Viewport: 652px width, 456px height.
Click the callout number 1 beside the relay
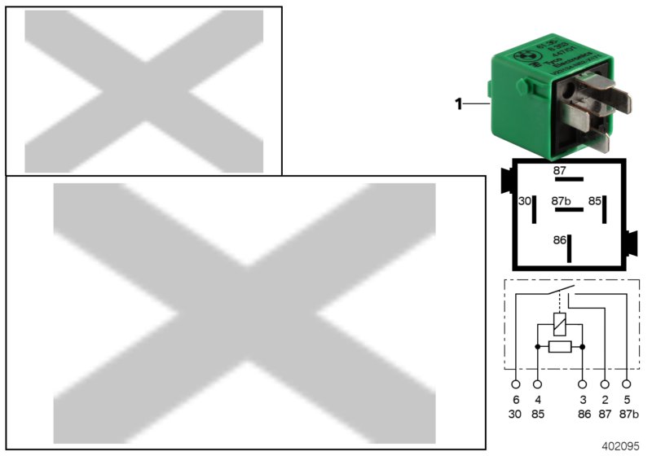tap(458, 103)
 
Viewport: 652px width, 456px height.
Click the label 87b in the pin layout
tap(561, 200)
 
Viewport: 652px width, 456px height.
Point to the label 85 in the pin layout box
tap(595, 200)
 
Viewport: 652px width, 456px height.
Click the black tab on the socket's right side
tap(631, 242)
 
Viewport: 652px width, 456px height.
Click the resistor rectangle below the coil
tap(560, 347)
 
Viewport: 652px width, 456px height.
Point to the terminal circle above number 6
tap(515, 384)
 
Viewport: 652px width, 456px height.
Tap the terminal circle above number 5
tap(627, 384)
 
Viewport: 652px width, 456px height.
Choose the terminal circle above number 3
tap(583, 384)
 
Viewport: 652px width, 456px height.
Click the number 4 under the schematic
tap(538, 401)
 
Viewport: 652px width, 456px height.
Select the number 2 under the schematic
tap(605, 401)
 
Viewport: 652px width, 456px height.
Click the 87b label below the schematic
tap(628, 414)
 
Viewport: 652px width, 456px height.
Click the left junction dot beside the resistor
tap(537, 347)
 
